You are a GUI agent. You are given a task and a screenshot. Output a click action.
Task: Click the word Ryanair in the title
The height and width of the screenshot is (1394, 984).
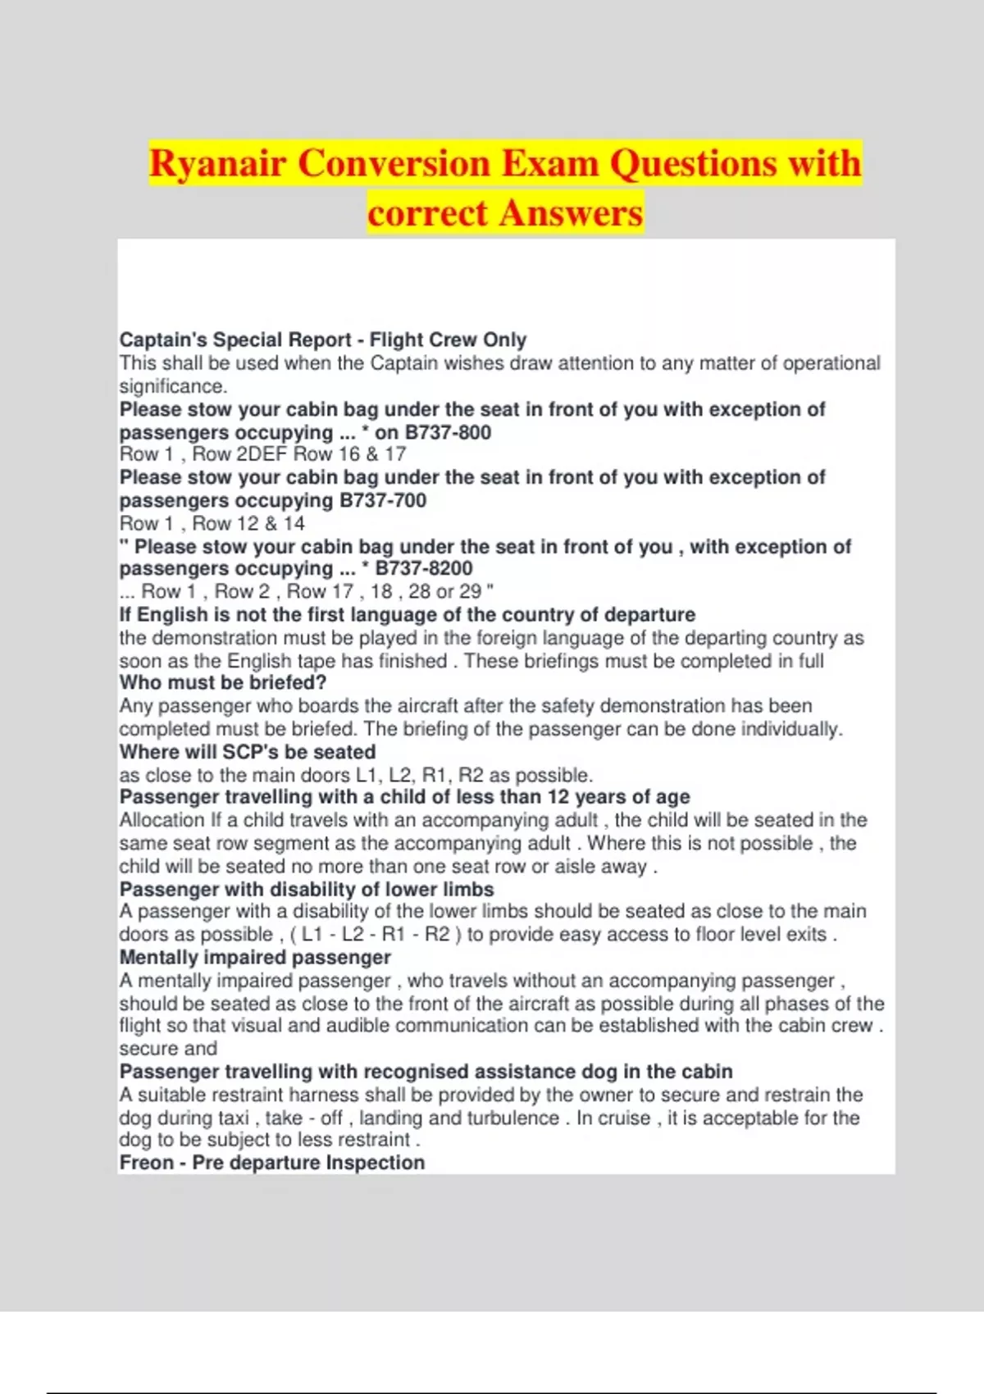click(x=217, y=162)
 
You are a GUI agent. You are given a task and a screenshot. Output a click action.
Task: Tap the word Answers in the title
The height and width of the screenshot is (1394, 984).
click(x=571, y=213)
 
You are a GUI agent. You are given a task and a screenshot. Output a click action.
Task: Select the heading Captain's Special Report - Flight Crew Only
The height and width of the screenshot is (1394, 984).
click(x=322, y=339)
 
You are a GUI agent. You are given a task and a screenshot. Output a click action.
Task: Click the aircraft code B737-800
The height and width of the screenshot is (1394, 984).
click(x=448, y=432)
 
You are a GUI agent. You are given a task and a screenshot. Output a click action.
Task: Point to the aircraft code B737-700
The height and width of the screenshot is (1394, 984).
click(x=383, y=500)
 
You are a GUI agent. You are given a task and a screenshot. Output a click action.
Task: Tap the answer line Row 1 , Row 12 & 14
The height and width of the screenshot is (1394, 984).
click(x=212, y=523)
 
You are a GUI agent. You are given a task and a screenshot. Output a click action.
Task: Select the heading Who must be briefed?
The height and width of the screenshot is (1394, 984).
click(x=223, y=682)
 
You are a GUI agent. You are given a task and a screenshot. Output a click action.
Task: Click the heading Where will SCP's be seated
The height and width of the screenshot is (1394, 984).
click(x=248, y=752)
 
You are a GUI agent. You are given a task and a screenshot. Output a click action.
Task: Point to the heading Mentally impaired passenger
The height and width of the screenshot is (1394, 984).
click(x=255, y=957)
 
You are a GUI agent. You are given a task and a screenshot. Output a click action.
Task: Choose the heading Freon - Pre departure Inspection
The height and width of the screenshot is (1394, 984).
click(x=272, y=1163)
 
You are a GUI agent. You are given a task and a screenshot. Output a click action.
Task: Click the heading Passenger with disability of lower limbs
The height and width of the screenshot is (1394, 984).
click(x=307, y=890)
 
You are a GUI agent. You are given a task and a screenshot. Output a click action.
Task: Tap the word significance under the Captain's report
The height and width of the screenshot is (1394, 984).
click(x=172, y=386)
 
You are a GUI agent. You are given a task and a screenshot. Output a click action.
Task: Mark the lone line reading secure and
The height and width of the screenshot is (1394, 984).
click(x=168, y=1048)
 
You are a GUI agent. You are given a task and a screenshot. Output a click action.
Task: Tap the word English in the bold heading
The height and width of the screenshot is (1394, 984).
click(x=172, y=615)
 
